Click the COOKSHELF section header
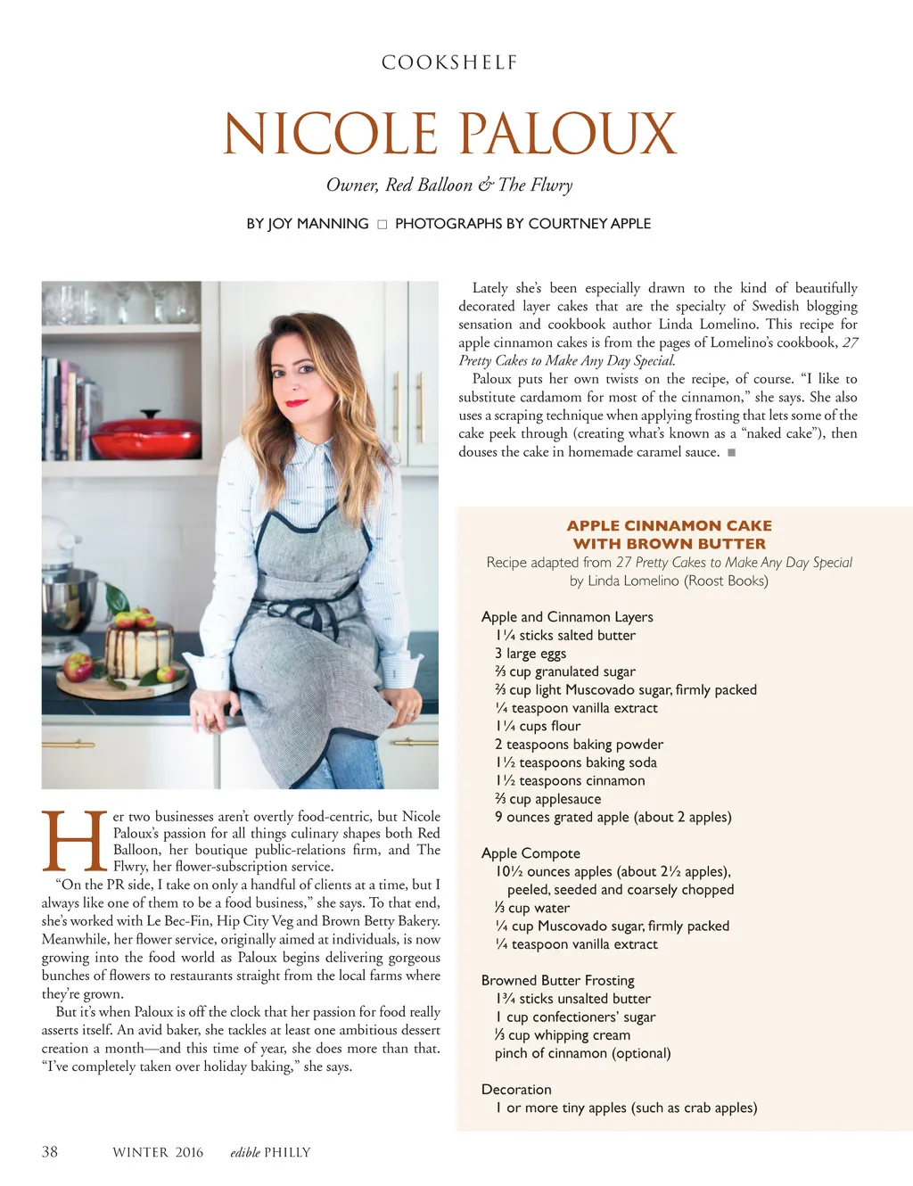click(449, 62)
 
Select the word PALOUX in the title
click(568, 134)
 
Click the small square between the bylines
click(382, 225)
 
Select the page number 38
click(50, 1152)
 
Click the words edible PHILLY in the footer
click(270, 1152)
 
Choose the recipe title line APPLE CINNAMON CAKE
click(669, 526)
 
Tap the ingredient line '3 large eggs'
click(531, 654)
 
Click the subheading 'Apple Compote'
click(531, 853)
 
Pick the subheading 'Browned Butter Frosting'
click(557, 980)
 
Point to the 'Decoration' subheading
click(516, 1090)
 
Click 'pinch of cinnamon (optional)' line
click(582, 1053)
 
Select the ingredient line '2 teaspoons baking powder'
click(579, 745)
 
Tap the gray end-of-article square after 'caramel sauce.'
click(731, 453)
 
